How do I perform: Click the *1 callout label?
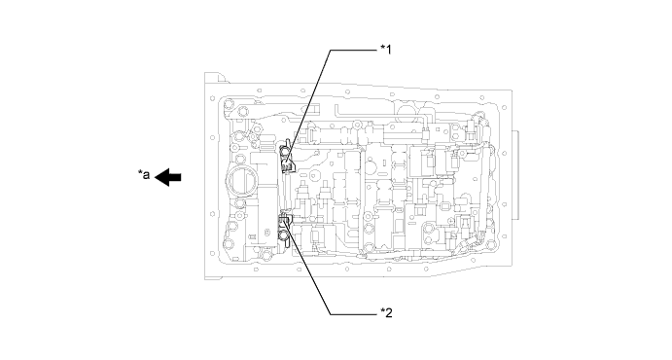pyautogui.click(x=386, y=50)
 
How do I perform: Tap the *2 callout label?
pyautogui.click(x=386, y=313)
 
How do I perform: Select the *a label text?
pyautogui.click(x=144, y=174)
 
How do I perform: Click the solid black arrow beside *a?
pyautogui.click(x=167, y=176)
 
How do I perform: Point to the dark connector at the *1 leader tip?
pyautogui.click(x=287, y=163)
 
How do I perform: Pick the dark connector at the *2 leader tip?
pyautogui.click(x=285, y=220)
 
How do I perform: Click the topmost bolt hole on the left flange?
pyautogui.click(x=212, y=98)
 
